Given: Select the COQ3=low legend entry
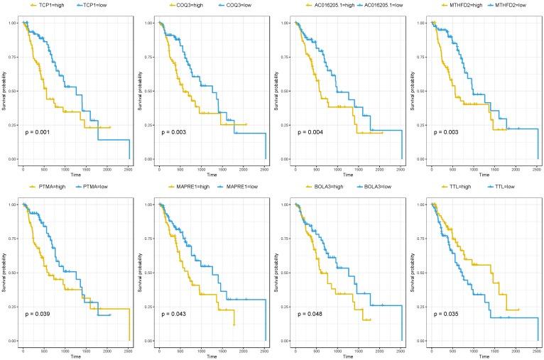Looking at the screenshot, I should click(227, 5).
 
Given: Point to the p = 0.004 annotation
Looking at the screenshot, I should click(312, 132).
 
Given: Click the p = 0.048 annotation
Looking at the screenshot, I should click(312, 314).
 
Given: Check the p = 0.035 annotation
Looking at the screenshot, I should click(449, 314).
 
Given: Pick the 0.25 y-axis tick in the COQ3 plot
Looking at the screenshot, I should click(151, 125).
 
